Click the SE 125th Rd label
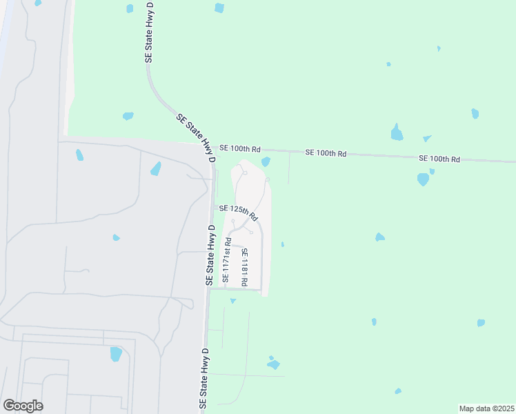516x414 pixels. (239, 212)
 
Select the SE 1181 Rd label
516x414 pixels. (244, 267)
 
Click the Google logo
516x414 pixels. (23, 406)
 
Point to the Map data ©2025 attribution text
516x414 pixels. (486, 408)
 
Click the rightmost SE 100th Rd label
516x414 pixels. (439, 159)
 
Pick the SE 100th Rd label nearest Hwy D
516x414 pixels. (240, 148)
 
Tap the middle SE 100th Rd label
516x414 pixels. (327, 152)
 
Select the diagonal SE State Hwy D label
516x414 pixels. (196, 139)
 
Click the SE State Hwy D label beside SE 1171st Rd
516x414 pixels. (210, 255)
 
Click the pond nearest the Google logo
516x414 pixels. (116, 353)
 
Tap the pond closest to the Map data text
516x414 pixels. (398, 391)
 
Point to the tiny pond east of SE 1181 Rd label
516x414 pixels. (282, 244)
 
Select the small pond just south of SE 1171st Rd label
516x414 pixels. (233, 301)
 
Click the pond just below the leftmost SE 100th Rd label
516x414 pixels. (266, 161)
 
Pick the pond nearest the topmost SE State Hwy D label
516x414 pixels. (130, 8)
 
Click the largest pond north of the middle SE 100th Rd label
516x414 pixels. (397, 132)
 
